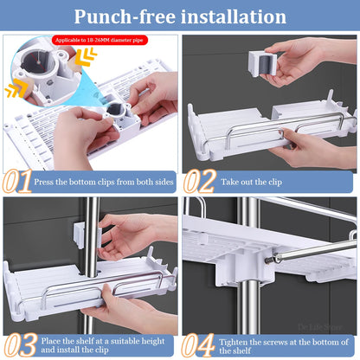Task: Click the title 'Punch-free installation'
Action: coord(180,16)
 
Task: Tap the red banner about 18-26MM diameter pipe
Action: coord(100,40)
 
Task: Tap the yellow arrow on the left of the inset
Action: coord(16,90)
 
